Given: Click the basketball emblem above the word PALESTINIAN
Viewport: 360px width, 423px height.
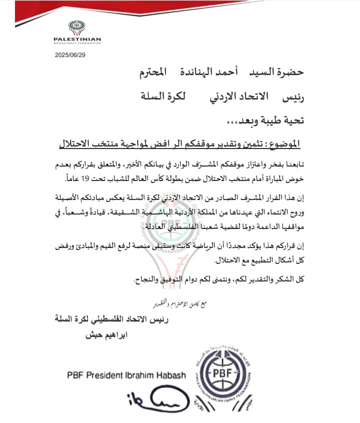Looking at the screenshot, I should pyautogui.click(x=77, y=27).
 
